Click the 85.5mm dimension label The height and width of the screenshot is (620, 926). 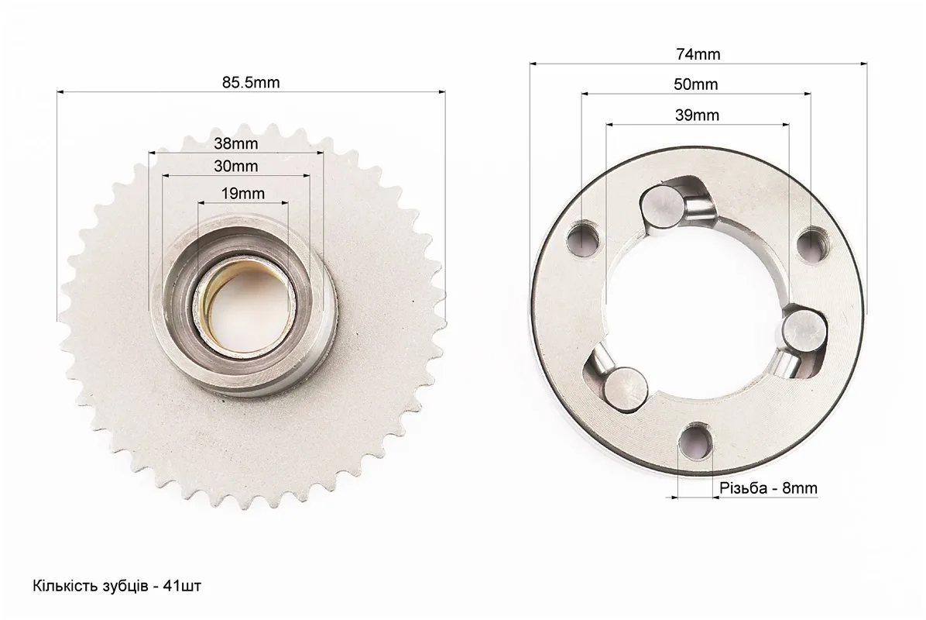(251, 82)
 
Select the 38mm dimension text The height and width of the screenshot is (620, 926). (235, 143)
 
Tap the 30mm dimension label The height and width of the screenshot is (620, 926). (235, 167)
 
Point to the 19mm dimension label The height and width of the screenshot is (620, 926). (242, 193)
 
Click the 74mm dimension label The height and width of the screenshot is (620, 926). (698, 54)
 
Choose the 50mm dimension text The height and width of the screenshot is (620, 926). (696, 84)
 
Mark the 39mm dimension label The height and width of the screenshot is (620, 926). (697, 115)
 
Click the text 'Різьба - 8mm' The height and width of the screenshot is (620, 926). (768, 488)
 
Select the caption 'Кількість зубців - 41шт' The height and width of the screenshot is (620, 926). (117, 587)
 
